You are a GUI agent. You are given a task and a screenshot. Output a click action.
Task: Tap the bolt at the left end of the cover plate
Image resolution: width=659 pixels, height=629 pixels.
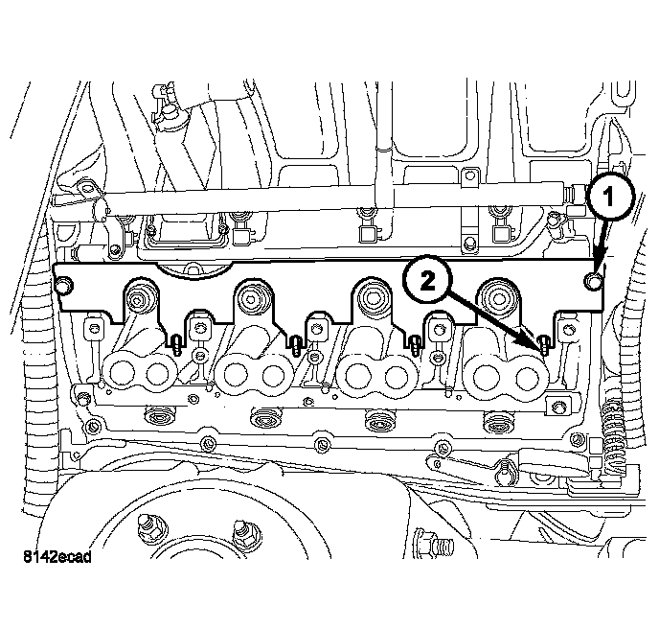coord(66,286)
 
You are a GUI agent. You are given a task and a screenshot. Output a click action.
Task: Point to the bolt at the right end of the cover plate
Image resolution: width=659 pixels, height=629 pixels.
coord(595,281)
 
